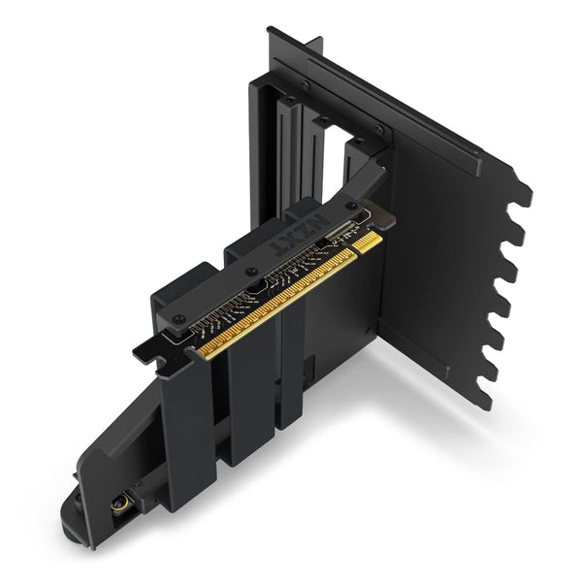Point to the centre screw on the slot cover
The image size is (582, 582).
(251, 273)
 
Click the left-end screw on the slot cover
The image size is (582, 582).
(178, 319)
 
